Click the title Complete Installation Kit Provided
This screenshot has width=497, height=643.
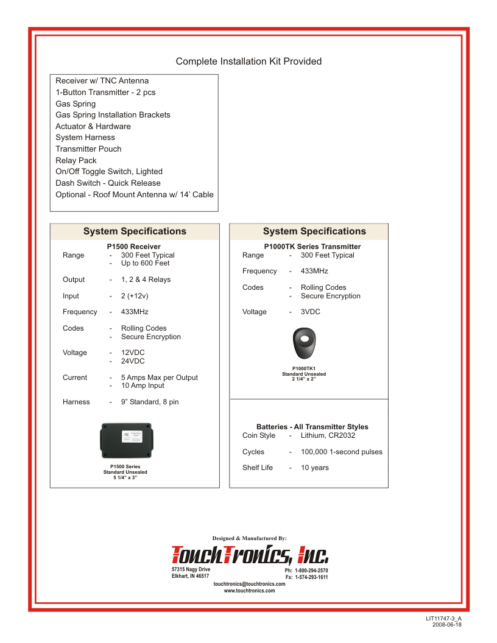click(248, 61)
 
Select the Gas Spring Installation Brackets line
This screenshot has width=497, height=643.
click(113, 115)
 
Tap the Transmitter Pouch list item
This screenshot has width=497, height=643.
click(88, 149)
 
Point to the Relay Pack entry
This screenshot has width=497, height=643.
click(76, 161)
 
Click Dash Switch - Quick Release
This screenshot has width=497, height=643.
click(108, 183)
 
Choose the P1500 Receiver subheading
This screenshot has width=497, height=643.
click(133, 247)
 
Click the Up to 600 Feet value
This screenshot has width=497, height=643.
click(145, 264)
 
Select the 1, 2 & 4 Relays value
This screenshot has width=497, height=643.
click(146, 280)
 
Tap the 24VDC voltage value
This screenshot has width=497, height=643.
click(133, 361)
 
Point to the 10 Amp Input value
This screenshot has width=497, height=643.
click(143, 385)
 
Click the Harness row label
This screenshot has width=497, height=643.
click(76, 402)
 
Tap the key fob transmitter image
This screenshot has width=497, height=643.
click(304, 345)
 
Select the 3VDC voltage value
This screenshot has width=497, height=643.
click(311, 312)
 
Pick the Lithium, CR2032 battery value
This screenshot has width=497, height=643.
click(328, 435)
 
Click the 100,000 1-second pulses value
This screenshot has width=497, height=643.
click(342, 452)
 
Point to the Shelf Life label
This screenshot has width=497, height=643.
click(258, 468)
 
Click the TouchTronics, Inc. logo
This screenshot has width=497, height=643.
click(250, 553)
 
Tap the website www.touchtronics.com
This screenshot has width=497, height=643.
click(249, 591)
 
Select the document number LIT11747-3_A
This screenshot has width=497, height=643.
click(448, 619)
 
